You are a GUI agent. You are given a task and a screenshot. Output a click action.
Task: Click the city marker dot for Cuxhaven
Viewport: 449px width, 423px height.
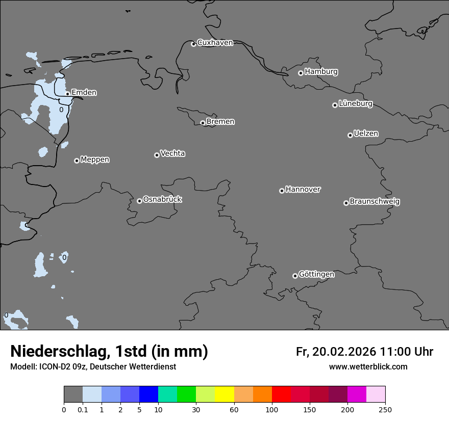pos(193,44)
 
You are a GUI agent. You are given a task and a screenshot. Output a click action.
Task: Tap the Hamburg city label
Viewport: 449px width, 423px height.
pos(321,72)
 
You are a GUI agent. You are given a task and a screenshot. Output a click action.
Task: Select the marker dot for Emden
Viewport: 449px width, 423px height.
pos(67,94)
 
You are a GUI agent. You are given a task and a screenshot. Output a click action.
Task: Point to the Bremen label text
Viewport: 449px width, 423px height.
pos(220,122)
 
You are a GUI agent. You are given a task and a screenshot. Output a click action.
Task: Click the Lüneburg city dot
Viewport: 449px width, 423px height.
pos(335,105)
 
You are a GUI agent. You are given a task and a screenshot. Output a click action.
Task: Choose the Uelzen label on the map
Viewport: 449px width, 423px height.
pos(366,134)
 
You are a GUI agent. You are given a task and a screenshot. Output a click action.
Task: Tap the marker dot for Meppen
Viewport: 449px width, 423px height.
pos(77,161)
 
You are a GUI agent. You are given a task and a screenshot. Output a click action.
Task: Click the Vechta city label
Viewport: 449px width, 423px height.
pos(172,153)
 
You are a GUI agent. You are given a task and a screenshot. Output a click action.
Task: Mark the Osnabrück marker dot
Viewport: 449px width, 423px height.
pos(139,201)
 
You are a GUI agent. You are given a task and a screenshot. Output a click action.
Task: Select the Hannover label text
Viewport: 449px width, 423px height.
pos(303,190)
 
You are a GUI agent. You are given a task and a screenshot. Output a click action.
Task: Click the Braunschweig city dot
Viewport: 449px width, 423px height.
pos(346,203)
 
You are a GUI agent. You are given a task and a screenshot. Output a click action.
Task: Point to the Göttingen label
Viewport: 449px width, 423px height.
pos(316,274)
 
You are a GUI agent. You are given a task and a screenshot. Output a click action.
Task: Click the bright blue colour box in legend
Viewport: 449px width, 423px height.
pos(148,394)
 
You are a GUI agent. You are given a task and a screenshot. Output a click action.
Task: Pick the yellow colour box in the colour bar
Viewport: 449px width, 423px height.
pos(224,394)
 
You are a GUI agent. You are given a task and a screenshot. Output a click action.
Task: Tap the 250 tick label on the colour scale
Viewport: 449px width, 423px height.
pos(385,409)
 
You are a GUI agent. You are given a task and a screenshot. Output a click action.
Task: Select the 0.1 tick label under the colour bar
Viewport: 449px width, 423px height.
pos(83,409)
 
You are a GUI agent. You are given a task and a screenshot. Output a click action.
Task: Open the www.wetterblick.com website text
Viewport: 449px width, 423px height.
pos(368,367)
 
